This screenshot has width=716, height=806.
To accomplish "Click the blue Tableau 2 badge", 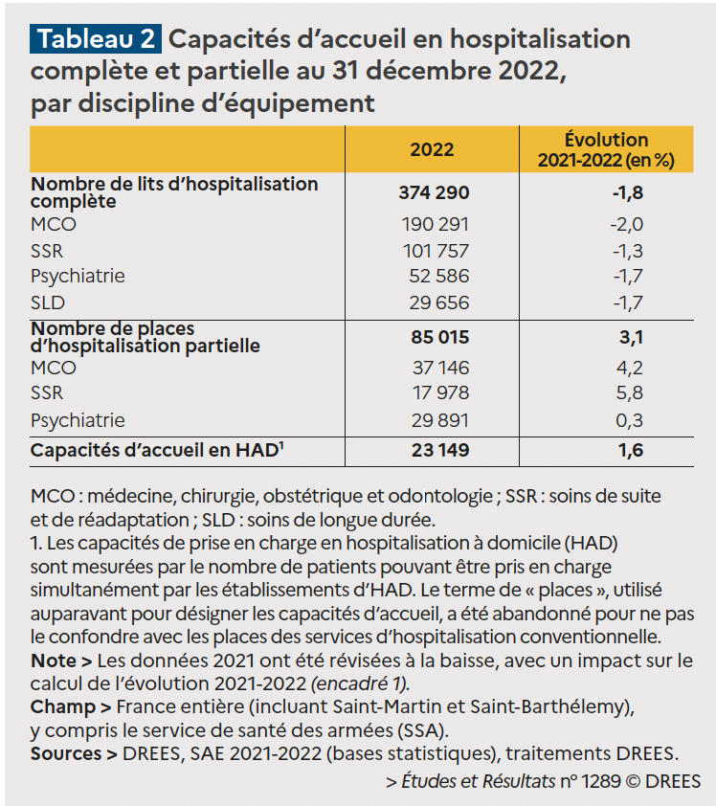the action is pos(96,39).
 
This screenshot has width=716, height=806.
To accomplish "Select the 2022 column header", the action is pos(432,149).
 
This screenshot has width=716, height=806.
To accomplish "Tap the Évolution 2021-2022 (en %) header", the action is pos(606,149).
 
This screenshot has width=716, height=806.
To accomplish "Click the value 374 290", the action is pos(434,192).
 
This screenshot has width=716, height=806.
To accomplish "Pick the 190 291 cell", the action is pos(435,225).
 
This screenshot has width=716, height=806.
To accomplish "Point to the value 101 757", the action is pos(436,251).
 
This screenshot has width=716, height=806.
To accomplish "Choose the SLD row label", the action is pos(48,302).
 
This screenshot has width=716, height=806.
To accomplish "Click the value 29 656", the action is pos(439,302).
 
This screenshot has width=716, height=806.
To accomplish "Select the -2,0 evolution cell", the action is pos(627,225).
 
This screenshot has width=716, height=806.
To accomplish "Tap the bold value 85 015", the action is pos(440,337).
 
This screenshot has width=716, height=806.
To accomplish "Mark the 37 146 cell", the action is pos(440,368).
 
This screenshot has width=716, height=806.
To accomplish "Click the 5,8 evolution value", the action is pos(630,392).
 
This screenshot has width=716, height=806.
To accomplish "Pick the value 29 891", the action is pos(440,420).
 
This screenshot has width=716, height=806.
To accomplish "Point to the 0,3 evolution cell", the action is pos(630,420).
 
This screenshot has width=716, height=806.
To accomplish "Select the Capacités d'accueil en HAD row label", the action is pos(157,450).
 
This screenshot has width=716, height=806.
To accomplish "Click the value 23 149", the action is pos(440,450).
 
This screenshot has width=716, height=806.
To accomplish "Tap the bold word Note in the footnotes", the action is pos(54,660).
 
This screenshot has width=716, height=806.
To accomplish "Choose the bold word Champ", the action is pos(63,707).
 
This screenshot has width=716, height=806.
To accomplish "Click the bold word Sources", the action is pos(66,753).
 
